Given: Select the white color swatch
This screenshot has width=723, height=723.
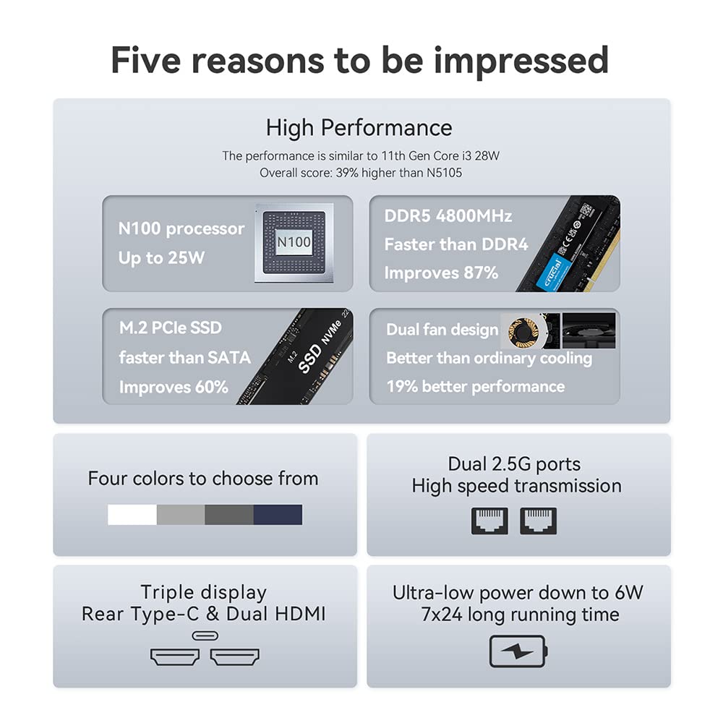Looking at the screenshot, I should pos(132,514).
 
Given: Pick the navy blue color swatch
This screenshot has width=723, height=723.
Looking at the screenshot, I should pos(278,514).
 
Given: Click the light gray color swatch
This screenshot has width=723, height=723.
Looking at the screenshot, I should pos(181,514).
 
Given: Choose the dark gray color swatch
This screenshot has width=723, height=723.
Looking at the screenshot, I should pos(229,514).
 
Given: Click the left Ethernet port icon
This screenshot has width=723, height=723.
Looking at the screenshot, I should pos(489,521).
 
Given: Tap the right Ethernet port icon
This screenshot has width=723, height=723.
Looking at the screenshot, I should pos(538,521).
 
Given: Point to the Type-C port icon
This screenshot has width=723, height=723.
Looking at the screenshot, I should pos(205,636).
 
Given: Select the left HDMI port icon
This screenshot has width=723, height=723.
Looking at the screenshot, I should pos(174,656).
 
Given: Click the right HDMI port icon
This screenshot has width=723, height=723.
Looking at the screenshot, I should pos(235,656).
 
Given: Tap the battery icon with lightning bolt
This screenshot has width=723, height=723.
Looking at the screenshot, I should pos(518,651).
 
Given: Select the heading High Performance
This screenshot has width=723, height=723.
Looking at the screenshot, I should pos(359,128).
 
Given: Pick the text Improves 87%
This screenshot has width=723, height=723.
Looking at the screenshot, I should pos(441,273).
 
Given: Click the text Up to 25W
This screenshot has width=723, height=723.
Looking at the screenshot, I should pos(161,258).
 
